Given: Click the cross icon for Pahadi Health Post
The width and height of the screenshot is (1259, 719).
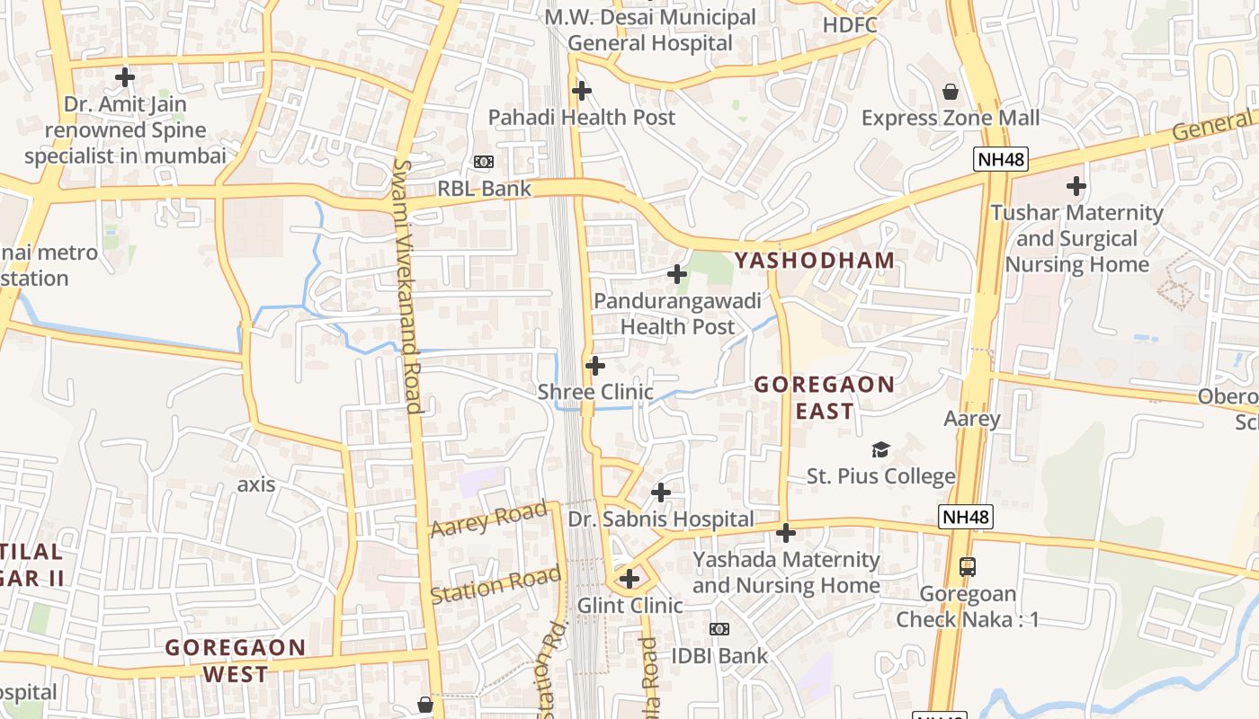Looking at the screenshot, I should (582, 91).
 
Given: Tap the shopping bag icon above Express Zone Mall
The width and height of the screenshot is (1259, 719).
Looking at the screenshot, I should (950, 91).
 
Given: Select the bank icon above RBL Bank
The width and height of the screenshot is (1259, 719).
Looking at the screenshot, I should (484, 162).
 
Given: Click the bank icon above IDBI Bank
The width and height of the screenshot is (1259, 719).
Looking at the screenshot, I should (719, 629).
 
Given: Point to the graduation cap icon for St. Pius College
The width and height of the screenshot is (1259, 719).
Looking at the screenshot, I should (880, 449).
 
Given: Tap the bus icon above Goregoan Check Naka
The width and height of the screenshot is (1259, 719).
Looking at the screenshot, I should (968, 567).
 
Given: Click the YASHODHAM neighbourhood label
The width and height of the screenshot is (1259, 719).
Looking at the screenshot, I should (815, 261).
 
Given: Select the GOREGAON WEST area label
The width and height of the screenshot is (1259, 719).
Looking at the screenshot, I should (236, 661).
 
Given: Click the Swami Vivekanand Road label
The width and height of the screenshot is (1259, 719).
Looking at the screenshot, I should (407, 287).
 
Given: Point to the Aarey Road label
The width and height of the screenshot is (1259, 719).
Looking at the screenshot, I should (488, 519).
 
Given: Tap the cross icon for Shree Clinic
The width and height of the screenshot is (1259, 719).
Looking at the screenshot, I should (595, 366).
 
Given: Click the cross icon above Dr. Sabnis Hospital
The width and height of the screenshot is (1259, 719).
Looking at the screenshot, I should (661, 493).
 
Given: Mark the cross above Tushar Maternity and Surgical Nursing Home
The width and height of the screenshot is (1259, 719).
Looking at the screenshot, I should (1076, 187).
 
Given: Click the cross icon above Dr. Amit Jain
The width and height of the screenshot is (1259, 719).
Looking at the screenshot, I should (125, 77).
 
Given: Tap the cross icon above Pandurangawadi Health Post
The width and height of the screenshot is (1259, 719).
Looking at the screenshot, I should (677, 274).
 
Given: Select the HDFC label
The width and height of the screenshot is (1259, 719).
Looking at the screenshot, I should (850, 25).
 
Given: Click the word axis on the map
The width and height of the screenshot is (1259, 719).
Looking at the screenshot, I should (255, 484).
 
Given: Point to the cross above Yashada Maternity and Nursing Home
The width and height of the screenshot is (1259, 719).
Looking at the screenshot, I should (786, 533).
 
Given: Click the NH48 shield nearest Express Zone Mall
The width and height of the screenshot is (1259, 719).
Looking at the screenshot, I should (1000, 160).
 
